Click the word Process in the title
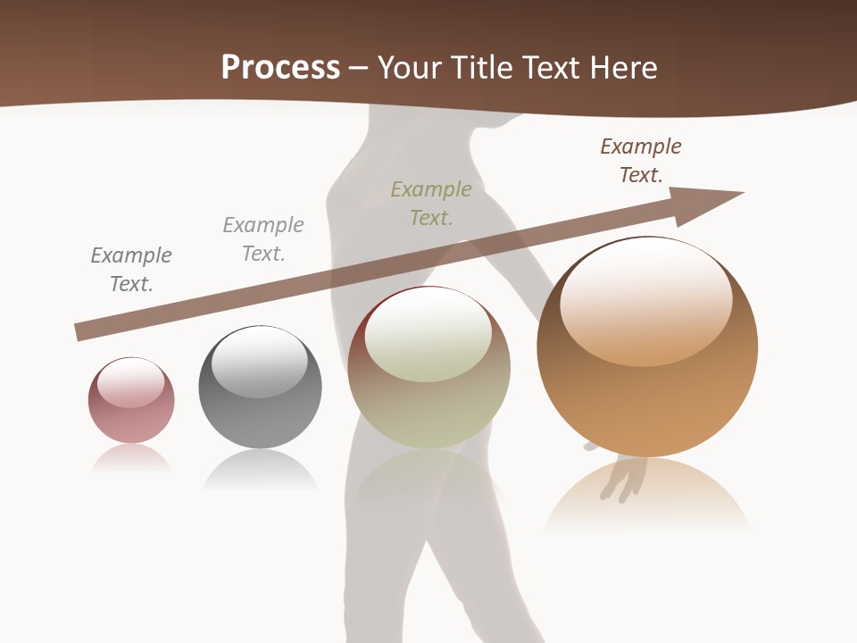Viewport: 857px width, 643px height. [280, 68]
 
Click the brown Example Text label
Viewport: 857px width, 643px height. [641, 161]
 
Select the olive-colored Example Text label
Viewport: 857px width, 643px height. [431, 203]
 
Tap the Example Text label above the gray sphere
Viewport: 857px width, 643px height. [263, 238]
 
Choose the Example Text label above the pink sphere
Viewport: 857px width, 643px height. [131, 269]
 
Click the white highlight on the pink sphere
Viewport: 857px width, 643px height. [130, 382]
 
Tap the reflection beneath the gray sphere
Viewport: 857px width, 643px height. [260, 469]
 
